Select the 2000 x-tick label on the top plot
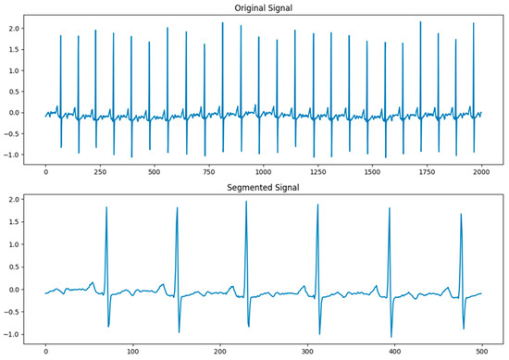coord(479,172)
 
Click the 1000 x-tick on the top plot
coord(262,172)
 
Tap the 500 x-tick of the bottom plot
coord(480,352)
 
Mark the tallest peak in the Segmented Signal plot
coord(246,203)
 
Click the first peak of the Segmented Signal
coord(106,208)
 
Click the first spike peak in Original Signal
coord(60,36)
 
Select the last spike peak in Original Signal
coord(474,24)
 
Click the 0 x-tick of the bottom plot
coord(45,352)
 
